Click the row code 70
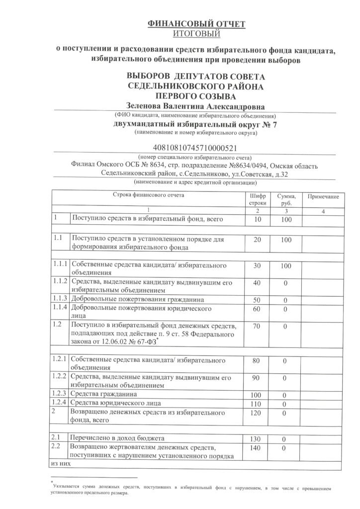[x=257, y=326]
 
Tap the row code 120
[x=257, y=413]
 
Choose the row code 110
[x=257, y=403]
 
